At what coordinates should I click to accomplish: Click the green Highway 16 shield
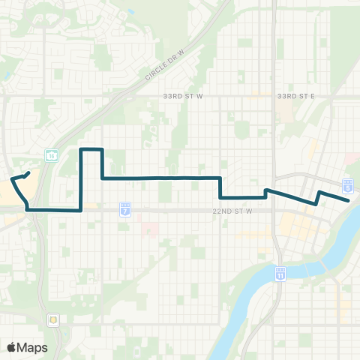point(52,155)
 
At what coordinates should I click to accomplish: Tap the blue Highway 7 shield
point(125,207)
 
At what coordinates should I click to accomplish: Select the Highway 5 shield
point(348,184)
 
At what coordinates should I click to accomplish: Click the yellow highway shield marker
point(53,318)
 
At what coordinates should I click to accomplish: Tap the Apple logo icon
point(12,347)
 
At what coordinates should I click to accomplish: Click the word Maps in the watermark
point(33,347)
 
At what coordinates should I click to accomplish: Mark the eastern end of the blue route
point(349,200)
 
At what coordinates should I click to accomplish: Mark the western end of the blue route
point(28,174)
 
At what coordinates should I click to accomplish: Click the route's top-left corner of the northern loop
point(81,150)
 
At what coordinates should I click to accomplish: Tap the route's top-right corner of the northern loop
point(101,150)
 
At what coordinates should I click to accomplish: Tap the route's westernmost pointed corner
point(11,179)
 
